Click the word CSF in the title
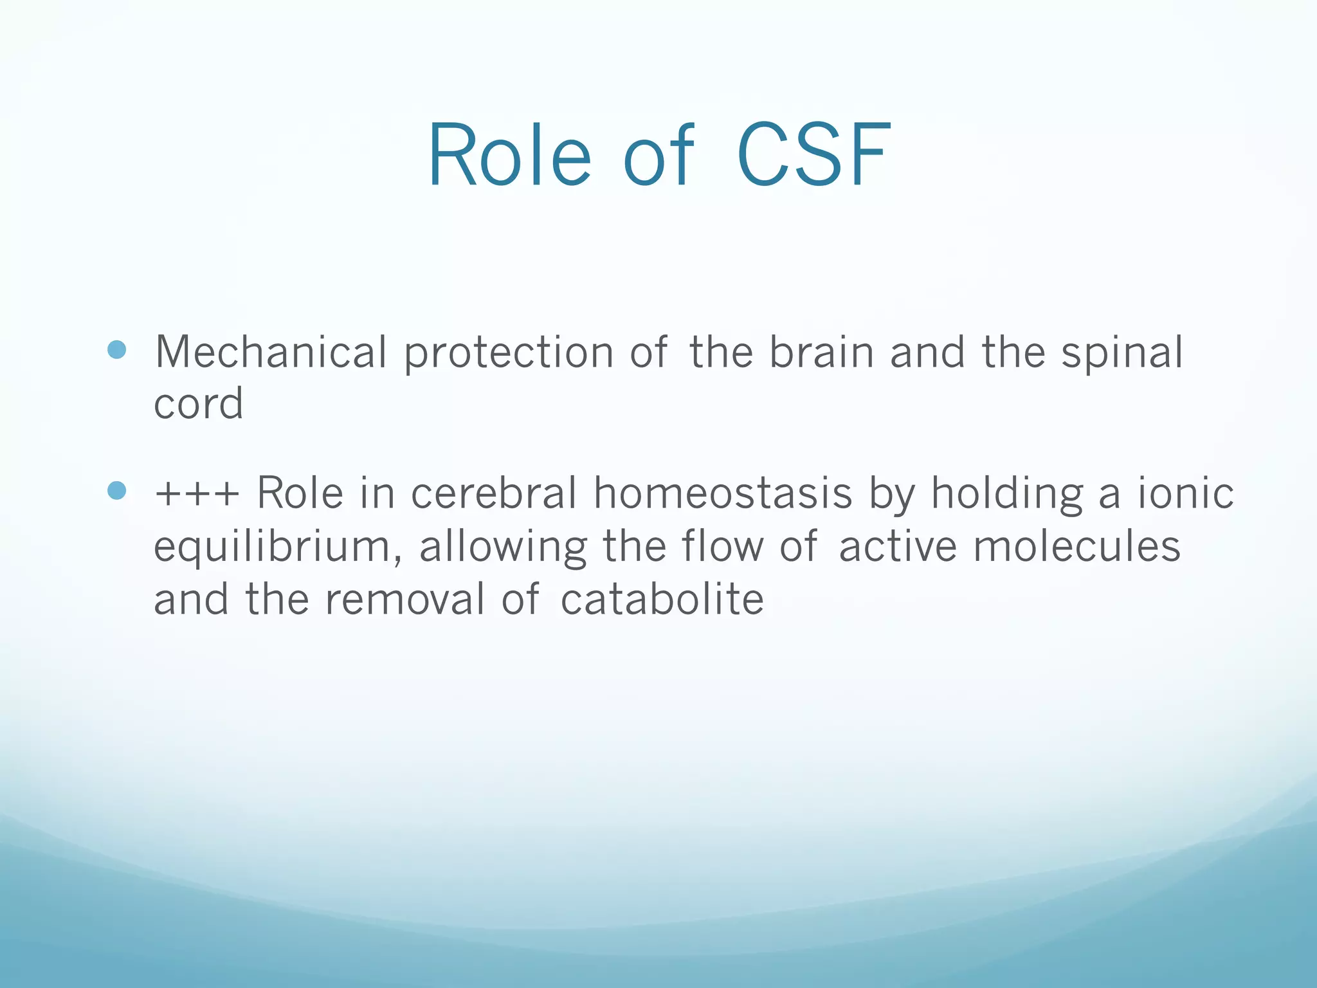pyautogui.click(x=814, y=156)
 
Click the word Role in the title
pyautogui.click(x=509, y=156)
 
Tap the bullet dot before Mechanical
pyautogui.click(x=117, y=350)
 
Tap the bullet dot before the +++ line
pyautogui.click(x=117, y=491)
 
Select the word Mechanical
pyautogui.click(x=271, y=352)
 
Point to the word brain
pyautogui.click(x=821, y=352)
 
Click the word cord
pyautogui.click(x=198, y=404)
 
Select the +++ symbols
pyautogui.click(x=197, y=494)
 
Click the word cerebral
pyautogui.click(x=493, y=493)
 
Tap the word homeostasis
pyautogui.click(x=722, y=493)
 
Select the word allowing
pyautogui.click(x=503, y=547)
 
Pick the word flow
pyautogui.click(x=722, y=546)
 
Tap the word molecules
pyautogui.click(x=1076, y=546)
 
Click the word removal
pyautogui.click(x=404, y=599)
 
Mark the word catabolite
pyautogui.click(x=662, y=599)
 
